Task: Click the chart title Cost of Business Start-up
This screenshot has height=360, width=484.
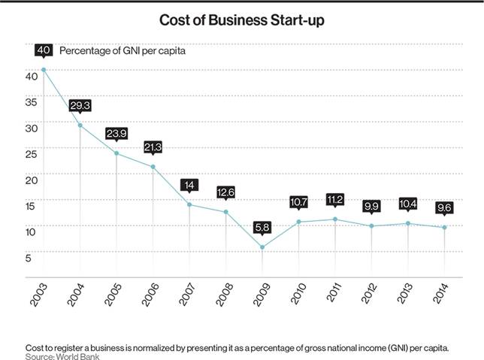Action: (242, 20)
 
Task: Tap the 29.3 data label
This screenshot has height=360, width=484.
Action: (80, 107)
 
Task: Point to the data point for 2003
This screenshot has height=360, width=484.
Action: (44, 69)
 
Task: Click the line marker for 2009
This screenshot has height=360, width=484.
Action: (262, 247)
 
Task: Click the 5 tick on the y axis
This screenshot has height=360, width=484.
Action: (29, 258)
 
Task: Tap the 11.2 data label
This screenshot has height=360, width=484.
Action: (335, 199)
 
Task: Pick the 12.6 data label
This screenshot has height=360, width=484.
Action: (225, 192)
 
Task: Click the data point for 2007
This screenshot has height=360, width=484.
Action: (189, 204)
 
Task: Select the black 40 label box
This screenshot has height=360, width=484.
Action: (44, 51)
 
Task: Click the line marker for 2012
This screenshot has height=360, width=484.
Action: (372, 225)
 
